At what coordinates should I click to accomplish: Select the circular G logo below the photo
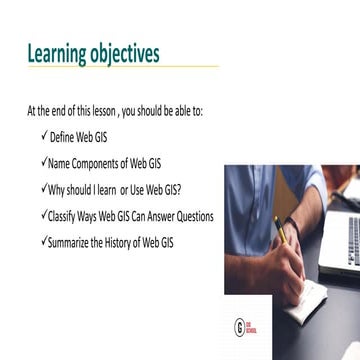point(238,299)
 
